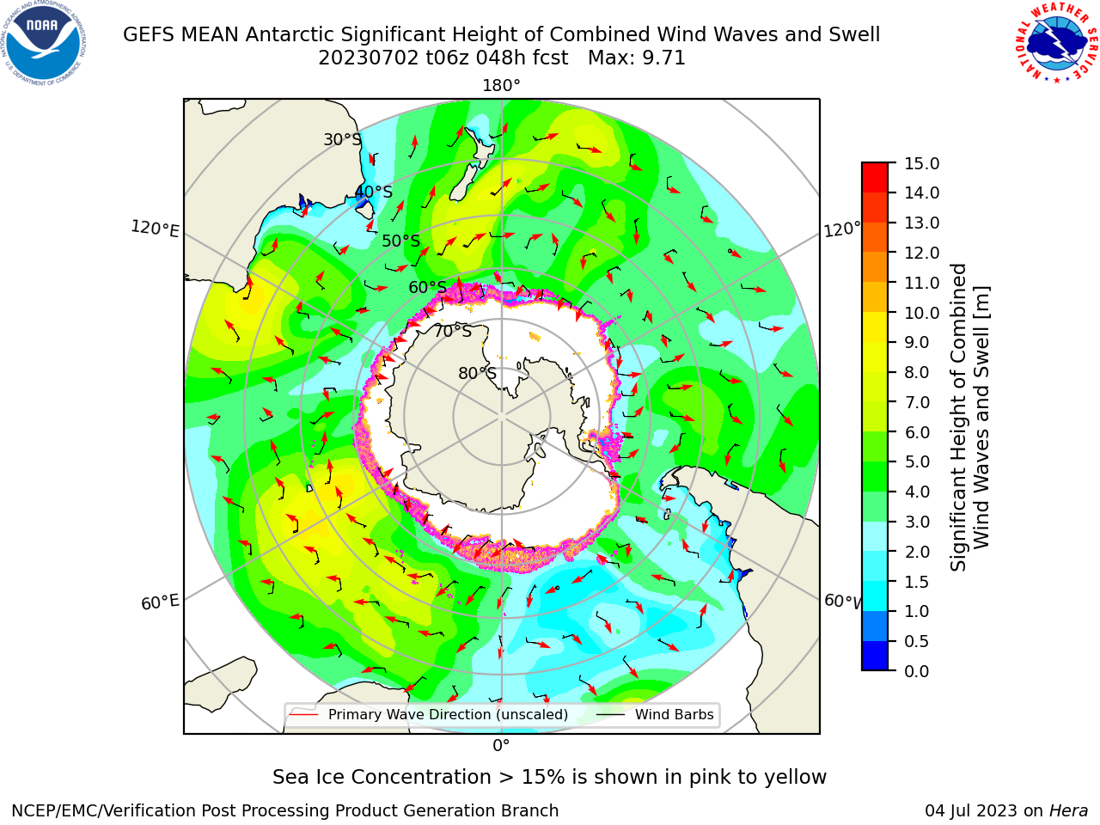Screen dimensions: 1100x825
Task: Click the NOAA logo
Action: point(44,43)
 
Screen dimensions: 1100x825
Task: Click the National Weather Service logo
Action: point(1056,43)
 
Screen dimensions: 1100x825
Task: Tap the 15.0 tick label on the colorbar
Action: point(921,164)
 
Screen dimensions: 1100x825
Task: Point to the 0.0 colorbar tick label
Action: point(916,671)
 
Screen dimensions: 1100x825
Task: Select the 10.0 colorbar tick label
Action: point(921,313)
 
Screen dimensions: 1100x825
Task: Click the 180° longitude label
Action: point(501,86)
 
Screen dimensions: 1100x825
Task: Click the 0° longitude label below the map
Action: point(501,746)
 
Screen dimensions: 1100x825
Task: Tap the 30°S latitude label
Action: point(342,139)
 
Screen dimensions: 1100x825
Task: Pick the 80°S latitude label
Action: point(477,373)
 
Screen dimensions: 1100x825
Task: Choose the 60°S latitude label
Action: point(427,287)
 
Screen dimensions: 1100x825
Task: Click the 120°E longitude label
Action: point(155,229)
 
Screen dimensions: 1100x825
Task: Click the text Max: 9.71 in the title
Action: point(637,58)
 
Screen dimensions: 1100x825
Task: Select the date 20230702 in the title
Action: point(369,58)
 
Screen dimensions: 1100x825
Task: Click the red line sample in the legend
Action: point(304,714)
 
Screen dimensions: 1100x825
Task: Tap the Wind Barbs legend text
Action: point(674,714)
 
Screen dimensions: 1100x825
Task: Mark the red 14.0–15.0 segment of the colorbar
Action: point(875,178)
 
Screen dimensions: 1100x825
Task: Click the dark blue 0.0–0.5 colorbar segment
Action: point(875,656)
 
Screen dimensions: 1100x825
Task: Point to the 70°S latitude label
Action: point(453,331)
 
